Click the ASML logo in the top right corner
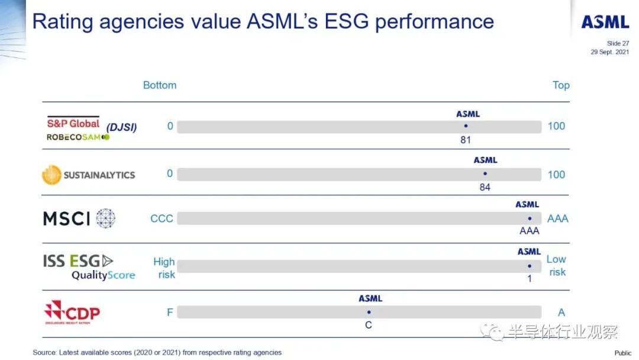pos(605,22)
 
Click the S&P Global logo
pos(73,123)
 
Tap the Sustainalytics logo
pos(89,175)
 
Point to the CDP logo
pos(73,312)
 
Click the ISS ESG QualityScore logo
pos(89,267)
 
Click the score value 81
pos(465,140)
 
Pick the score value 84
pos(485,188)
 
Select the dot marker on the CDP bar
pos(369,312)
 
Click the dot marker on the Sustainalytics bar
pos(485,173)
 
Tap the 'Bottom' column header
pos(160,85)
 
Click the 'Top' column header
pos(561,85)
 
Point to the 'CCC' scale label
pos(162,218)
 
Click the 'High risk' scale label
pos(164,268)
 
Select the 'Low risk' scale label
pos(556,266)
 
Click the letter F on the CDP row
pos(170,312)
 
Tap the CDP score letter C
pos(369,325)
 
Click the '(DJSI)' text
pos(121,127)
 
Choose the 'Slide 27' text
pos(618,43)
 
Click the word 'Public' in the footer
pos(622,353)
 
